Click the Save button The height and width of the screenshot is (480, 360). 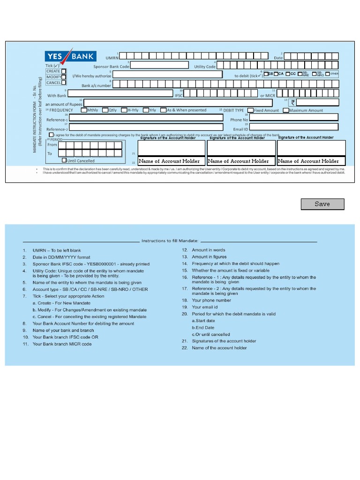(x=322, y=204)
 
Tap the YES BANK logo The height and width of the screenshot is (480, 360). (x=70, y=56)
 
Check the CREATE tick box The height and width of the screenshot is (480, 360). (x=64, y=71)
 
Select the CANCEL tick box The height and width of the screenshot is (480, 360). (x=64, y=83)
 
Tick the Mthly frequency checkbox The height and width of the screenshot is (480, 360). (x=83, y=110)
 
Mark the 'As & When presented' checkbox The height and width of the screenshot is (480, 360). (x=164, y=110)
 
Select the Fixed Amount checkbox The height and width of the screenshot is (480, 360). (x=250, y=111)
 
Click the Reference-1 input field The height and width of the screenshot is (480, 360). (x=146, y=118)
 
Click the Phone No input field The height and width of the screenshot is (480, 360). (x=293, y=117)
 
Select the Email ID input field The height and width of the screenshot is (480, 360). (x=293, y=127)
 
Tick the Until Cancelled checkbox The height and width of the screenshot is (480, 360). (x=65, y=160)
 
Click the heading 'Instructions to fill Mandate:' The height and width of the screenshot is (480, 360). (x=170, y=241)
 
